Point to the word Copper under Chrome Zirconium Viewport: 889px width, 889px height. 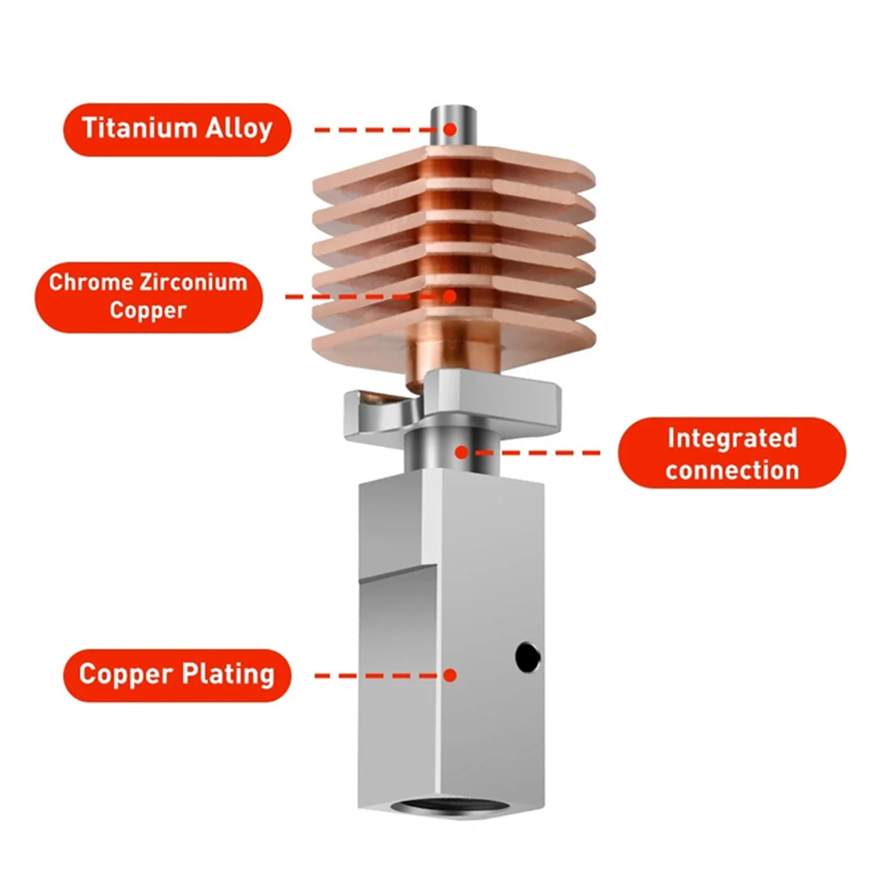coord(147,310)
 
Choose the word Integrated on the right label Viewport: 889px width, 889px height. coord(731,438)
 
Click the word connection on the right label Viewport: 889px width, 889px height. coord(732,470)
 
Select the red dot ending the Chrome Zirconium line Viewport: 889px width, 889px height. coord(450,296)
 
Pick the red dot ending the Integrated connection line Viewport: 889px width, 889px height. coord(462,451)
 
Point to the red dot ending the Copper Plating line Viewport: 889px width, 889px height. coord(450,675)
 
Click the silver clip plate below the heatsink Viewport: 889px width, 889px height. coord(482,396)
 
